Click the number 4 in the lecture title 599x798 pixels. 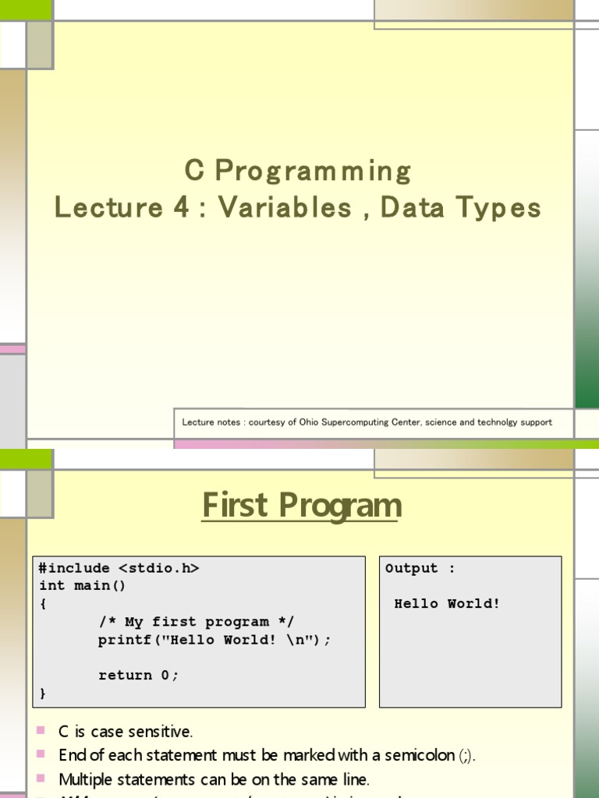pos(177,208)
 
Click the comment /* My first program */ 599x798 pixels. pos(195,622)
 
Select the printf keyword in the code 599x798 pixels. pos(125,640)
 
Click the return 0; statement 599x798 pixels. pos(138,676)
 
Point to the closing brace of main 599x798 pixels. pos(43,693)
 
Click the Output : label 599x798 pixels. pos(420,568)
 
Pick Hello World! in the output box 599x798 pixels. pos(447,604)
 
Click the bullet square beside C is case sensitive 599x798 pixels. pos(41,731)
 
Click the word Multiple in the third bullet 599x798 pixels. pos(87,779)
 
